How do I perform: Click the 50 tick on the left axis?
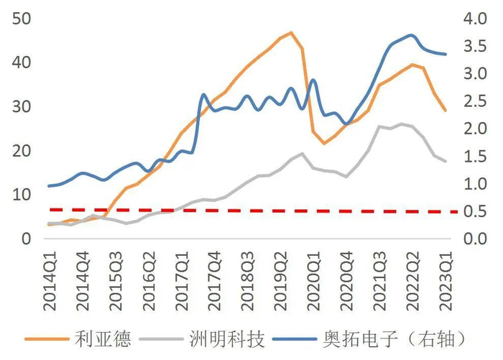click(22, 19)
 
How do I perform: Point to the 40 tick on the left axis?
click(22, 63)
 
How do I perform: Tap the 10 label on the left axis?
click(22, 195)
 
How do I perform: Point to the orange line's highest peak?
click(291, 32)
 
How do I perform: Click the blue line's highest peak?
click(411, 34)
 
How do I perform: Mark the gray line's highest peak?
click(401, 124)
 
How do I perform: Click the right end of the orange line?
click(446, 111)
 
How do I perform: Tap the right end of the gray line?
click(446, 162)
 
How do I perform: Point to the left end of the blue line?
click(49, 186)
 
